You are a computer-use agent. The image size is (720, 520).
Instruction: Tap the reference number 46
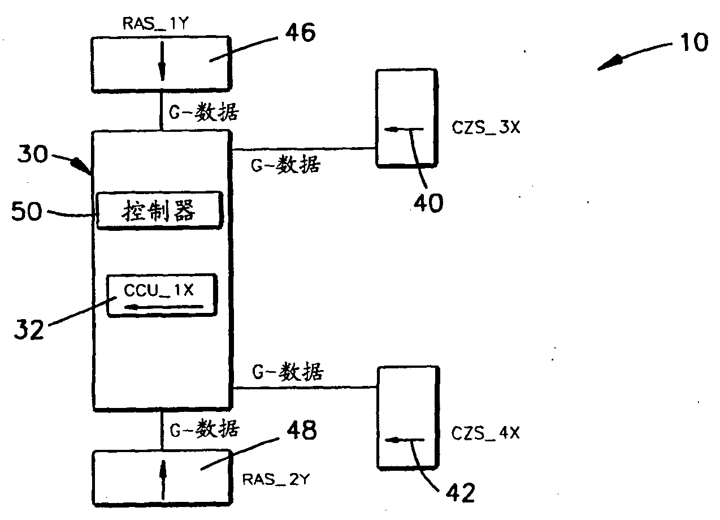pos(296,33)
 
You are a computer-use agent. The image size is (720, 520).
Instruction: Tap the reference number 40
pos(428,201)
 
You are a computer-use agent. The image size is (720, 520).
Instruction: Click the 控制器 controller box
pos(159,211)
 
